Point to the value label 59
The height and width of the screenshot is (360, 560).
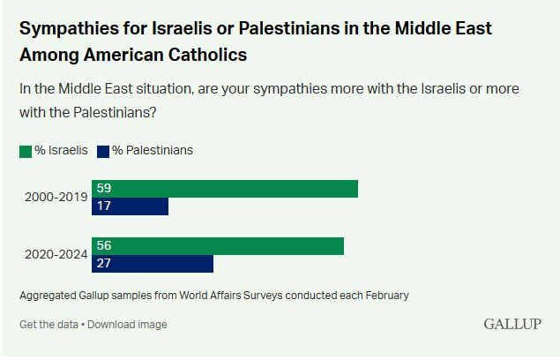tap(103, 189)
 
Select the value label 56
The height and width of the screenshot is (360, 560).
tap(103, 246)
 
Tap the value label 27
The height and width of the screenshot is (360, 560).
tap(103, 264)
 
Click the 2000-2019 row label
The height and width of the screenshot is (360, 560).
tap(56, 198)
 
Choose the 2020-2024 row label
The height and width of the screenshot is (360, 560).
tap(56, 255)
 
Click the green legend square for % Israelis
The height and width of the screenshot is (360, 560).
tap(26, 151)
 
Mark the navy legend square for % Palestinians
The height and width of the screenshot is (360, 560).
tap(102, 151)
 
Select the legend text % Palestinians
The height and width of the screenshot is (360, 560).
tap(152, 150)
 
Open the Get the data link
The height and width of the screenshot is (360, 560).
tap(49, 324)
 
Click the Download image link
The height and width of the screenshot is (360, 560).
tap(127, 324)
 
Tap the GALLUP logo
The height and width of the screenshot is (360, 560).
tap(511, 324)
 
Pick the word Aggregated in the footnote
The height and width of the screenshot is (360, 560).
tap(49, 296)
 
